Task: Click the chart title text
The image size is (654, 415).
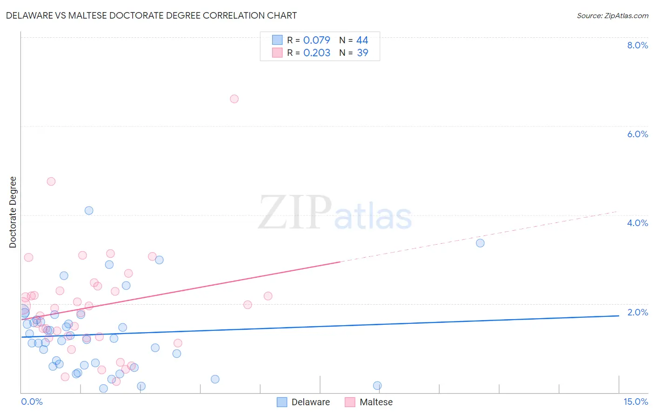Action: pyautogui.click(x=151, y=15)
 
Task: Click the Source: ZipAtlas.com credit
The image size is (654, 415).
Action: pyautogui.click(x=612, y=15)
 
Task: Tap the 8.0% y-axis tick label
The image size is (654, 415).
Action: pyautogui.click(x=637, y=45)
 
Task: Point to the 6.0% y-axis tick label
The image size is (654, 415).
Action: pyautogui.click(x=637, y=134)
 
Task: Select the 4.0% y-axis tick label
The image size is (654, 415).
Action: pyautogui.click(x=637, y=223)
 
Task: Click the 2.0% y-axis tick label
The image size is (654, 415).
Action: pyautogui.click(x=637, y=312)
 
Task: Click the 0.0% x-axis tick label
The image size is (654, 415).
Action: pyautogui.click(x=32, y=402)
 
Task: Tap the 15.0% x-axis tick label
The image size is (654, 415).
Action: pyautogui.click(x=635, y=402)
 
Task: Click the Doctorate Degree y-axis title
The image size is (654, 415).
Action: pyautogui.click(x=13, y=212)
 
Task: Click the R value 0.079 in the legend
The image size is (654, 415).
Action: pyautogui.click(x=317, y=40)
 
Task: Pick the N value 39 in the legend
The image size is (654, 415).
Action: pyautogui.click(x=362, y=53)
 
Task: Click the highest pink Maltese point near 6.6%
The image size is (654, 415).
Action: pyautogui.click(x=234, y=99)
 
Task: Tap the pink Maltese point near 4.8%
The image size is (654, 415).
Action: pyautogui.click(x=51, y=181)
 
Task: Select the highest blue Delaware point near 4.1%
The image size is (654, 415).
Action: pyautogui.click(x=89, y=210)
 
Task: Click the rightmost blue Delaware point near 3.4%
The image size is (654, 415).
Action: pyautogui.click(x=480, y=243)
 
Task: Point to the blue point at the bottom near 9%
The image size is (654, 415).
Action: pyautogui.click(x=377, y=385)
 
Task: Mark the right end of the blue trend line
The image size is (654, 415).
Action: pyautogui.click(x=619, y=315)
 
